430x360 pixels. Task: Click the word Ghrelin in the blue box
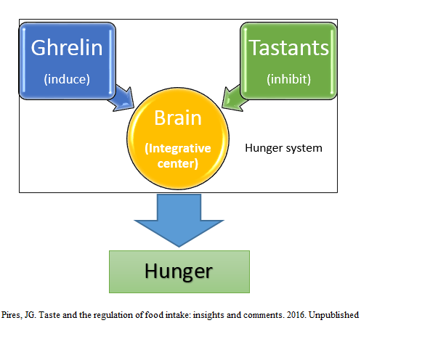(x=66, y=49)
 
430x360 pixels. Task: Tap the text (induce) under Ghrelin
(x=66, y=78)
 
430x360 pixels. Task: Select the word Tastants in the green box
(x=288, y=48)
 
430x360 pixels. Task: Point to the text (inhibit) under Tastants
(x=288, y=78)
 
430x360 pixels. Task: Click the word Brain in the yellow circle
(x=177, y=118)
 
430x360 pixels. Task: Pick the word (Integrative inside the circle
(x=178, y=148)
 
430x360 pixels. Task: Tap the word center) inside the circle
(x=178, y=163)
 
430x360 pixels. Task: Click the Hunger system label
(x=283, y=148)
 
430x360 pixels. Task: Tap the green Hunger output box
(x=179, y=271)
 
